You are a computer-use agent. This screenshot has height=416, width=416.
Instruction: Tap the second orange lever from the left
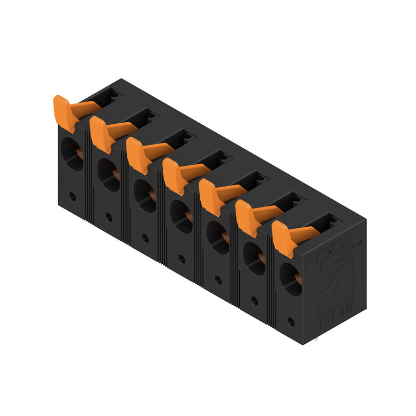(x=102, y=134)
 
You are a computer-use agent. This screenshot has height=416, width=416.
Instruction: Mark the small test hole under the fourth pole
(x=181, y=258)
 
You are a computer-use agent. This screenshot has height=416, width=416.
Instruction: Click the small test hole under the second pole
(x=109, y=217)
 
